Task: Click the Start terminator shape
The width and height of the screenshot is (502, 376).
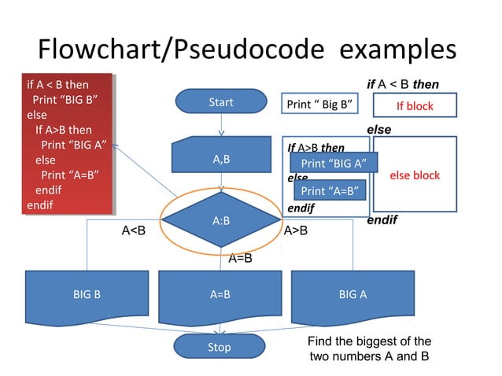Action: [x=221, y=102]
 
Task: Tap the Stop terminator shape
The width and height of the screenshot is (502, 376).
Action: [x=220, y=347]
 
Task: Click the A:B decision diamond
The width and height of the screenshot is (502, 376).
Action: [x=221, y=220]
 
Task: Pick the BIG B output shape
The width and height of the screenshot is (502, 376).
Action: [x=87, y=296]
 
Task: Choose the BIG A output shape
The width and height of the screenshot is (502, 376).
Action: [x=353, y=296]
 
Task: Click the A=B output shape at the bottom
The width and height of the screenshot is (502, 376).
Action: [x=220, y=296]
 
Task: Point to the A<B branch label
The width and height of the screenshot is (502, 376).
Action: [x=133, y=230]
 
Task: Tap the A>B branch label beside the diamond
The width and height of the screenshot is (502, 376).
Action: [x=295, y=230]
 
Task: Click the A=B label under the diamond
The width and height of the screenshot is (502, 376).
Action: [x=240, y=257]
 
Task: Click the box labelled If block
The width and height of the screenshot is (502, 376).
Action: [x=414, y=106]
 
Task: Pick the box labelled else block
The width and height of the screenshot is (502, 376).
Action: [x=414, y=175]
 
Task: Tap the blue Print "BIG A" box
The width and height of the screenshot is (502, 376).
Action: [x=334, y=164]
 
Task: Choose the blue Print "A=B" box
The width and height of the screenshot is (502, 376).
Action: [x=330, y=191]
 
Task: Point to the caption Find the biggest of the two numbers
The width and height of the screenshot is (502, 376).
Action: [x=368, y=348]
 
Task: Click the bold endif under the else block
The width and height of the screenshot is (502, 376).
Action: [x=382, y=221]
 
